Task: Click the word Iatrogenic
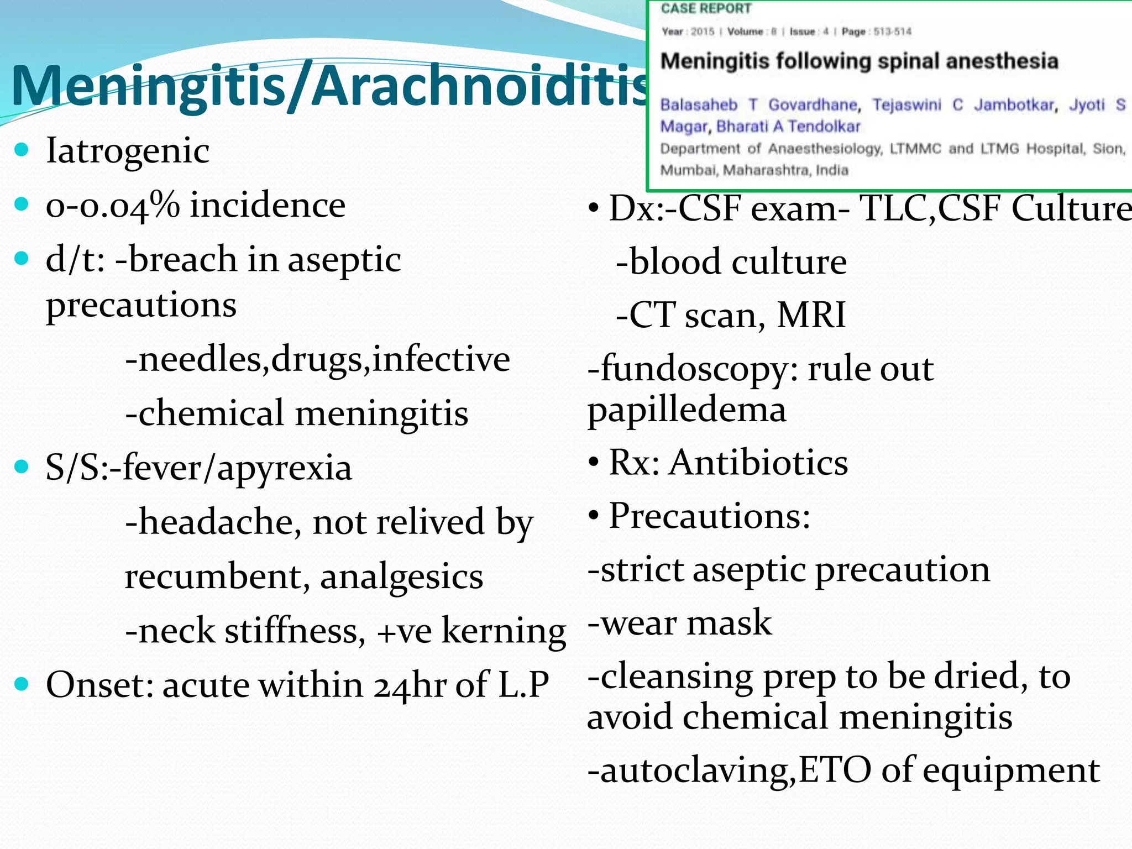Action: pos(128,150)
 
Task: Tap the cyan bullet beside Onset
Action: pos(22,684)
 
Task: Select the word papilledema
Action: pos(686,411)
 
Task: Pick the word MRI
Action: pos(811,315)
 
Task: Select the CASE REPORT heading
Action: pos(706,9)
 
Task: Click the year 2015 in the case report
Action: pos(703,32)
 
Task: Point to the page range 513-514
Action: pos(892,32)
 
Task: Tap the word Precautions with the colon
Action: pos(709,516)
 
